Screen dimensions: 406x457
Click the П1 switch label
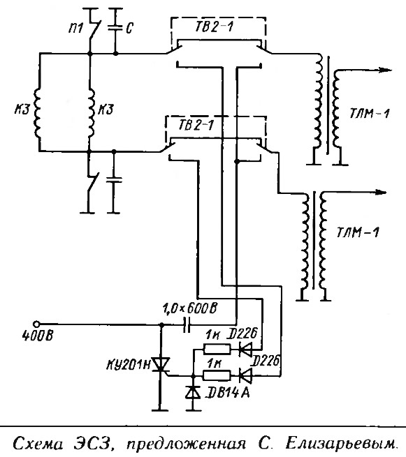coord(76,29)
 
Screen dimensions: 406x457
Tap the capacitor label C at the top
coord(129,29)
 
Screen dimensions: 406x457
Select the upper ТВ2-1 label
coord(214,27)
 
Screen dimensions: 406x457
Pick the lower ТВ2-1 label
coord(196,126)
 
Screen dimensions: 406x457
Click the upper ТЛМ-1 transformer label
coord(369,113)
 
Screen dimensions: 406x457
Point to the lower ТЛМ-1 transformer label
coord(358,232)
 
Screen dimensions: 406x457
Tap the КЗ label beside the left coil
coord(22,110)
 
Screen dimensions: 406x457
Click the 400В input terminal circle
coord(36,324)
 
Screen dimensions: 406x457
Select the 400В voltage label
coord(38,336)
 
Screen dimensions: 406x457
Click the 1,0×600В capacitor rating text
coord(189,308)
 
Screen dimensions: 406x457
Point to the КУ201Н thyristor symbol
coord(161,365)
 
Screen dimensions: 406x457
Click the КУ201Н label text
coord(128,365)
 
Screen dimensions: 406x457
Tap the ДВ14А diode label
coord(227,394)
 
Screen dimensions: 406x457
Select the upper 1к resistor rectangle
coord(217,349)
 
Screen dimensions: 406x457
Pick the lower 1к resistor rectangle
coord(217,375)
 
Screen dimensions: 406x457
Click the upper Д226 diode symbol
coord(245,349)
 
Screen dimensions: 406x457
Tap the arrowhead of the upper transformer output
coord(385,70)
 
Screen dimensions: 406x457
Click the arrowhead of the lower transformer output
coord(380,192)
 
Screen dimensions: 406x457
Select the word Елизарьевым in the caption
coord(342,444)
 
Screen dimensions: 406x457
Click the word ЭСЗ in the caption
coord(94,444)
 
